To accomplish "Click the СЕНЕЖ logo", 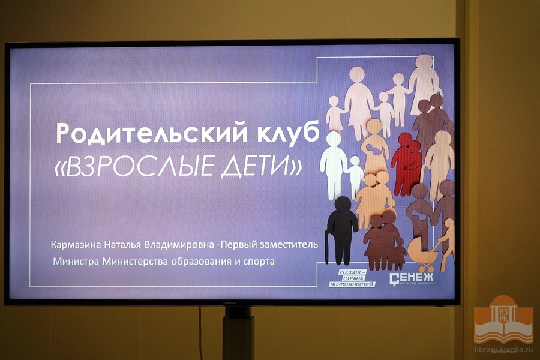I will pyautogui.click(x=412, y=279).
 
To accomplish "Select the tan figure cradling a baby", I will pyautogui.click(x=374, y=147).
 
